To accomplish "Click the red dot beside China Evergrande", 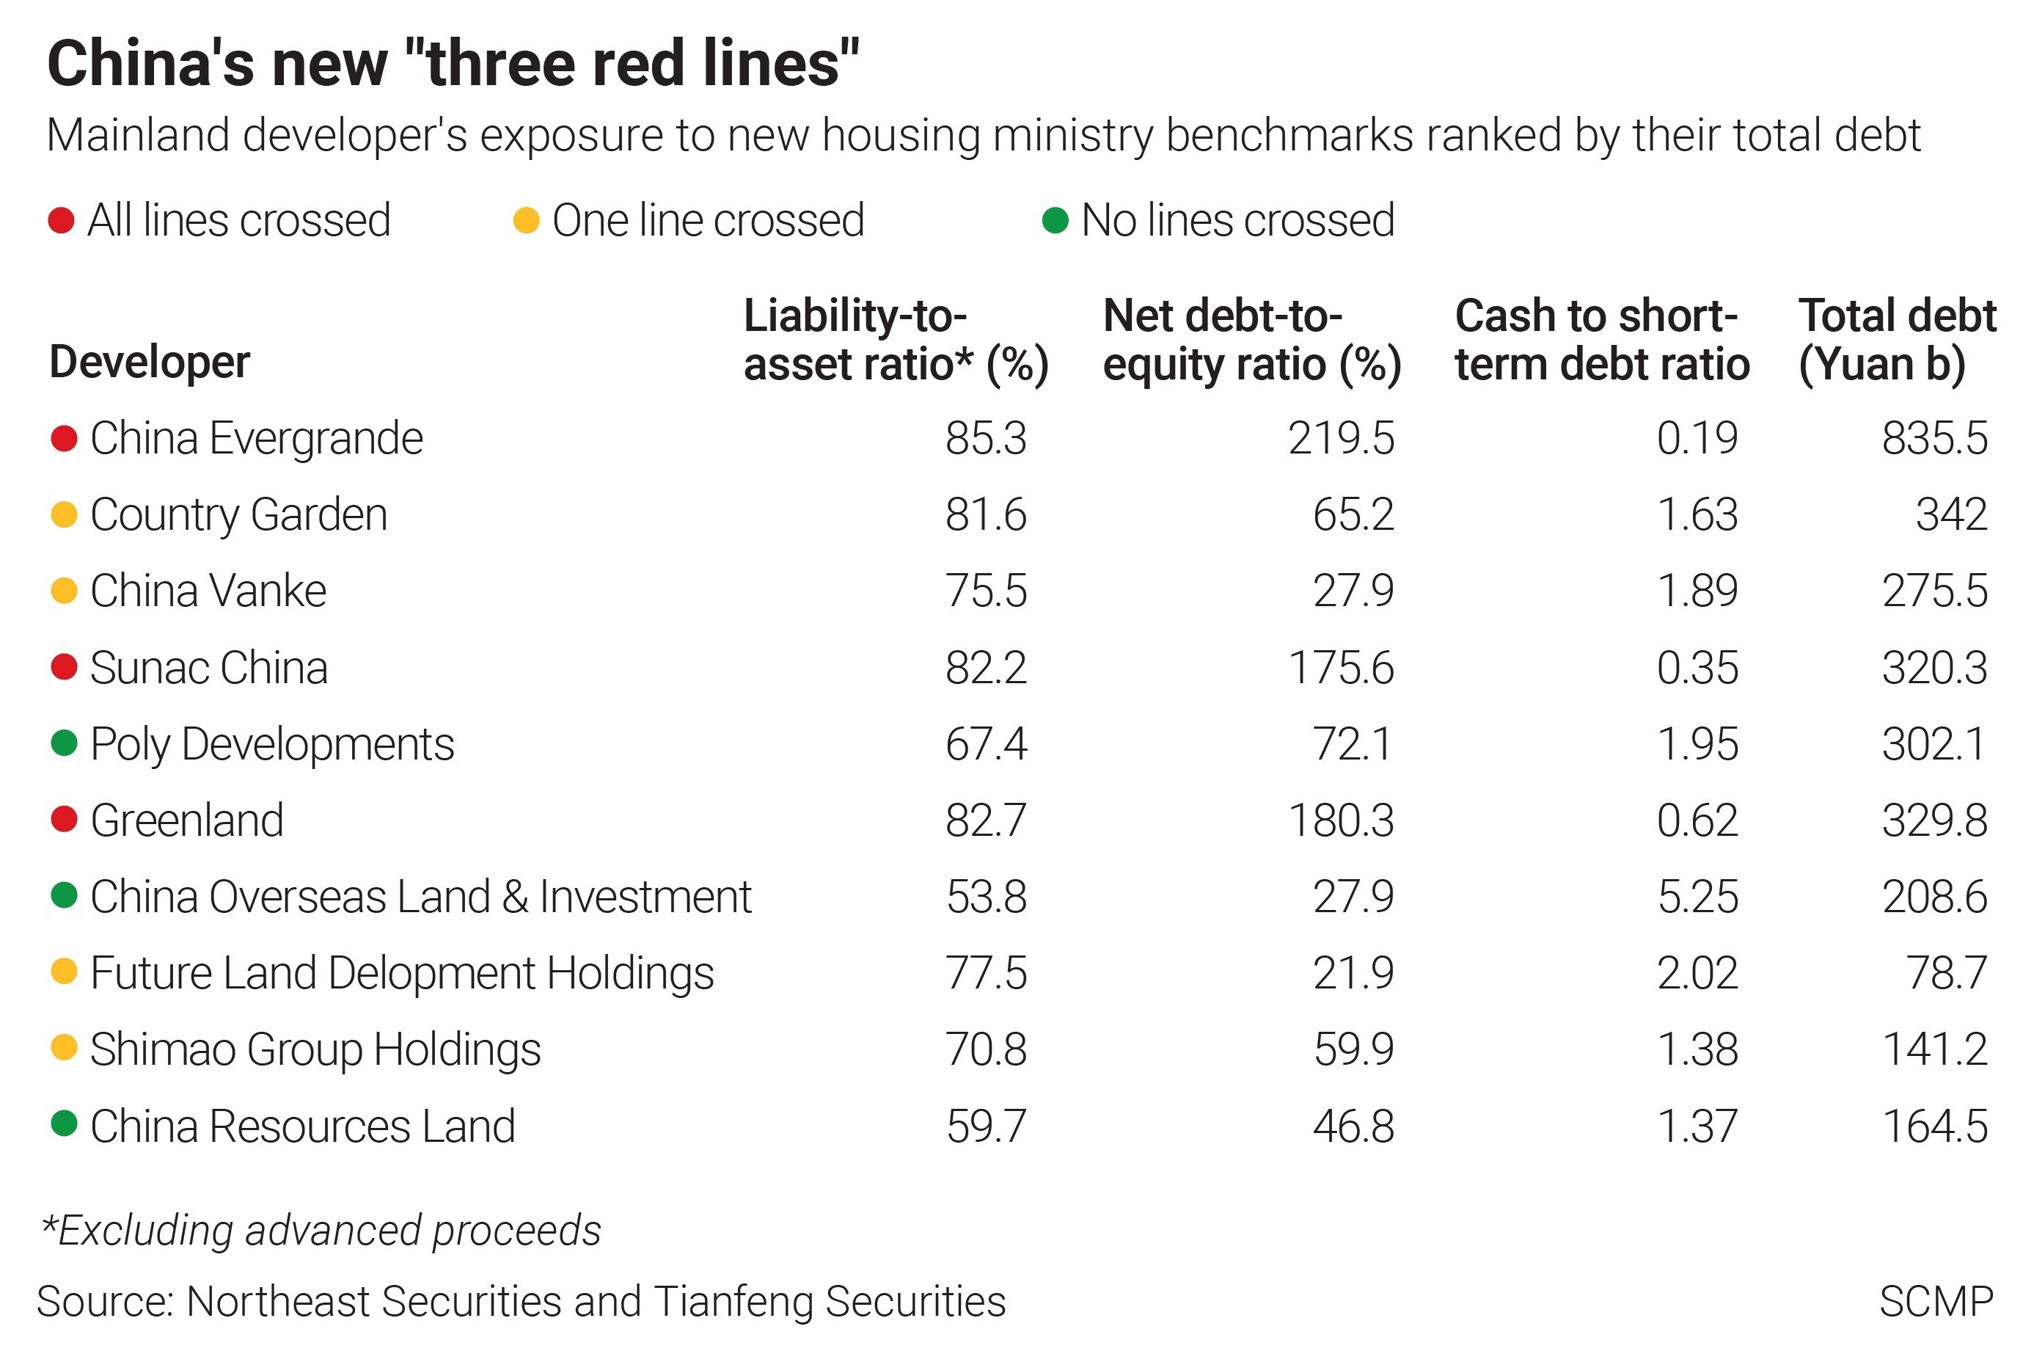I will coord(64,439).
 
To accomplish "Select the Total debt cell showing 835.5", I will coord(1934,439).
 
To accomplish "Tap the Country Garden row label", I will coord(238,515).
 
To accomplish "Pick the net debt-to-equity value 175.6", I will coord(1340,668).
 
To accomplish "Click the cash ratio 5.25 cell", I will coord(1697,897).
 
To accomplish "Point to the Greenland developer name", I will coord(187,820).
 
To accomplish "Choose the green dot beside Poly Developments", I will coord(64,743).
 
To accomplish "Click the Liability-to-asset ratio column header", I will coord(896,340).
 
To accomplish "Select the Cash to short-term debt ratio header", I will coord(1601,340).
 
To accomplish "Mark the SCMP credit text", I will coord(1935,1302).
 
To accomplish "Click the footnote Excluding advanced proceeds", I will coord(322,1231).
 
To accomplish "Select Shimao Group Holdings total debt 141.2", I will coord(1934,1049).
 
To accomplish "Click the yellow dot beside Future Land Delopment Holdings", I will coord(64,973).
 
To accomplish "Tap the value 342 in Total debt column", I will coord(1950,515).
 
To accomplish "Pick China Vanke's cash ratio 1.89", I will coord(1697,591).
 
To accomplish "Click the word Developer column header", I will coord(150,362).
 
